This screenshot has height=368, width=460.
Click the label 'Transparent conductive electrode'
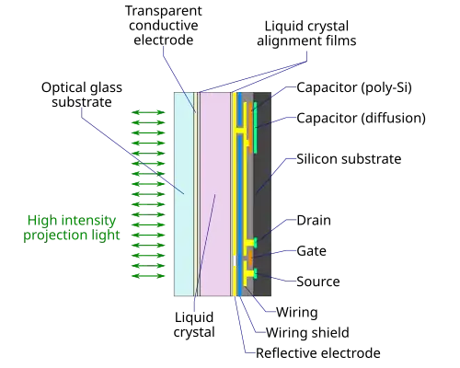coord(164,26)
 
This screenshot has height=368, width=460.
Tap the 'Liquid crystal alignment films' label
coord(306,33)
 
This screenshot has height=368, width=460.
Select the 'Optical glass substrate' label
coord(82,95)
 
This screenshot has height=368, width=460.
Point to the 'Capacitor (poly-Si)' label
coord(354,87)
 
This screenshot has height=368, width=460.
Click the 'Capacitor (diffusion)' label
coord(362,118)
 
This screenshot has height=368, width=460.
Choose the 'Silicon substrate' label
coord(349,159)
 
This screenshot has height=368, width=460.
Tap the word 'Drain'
coord(314,220)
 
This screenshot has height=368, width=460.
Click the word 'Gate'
coord(311,251)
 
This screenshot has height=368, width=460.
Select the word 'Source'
coord(318,282)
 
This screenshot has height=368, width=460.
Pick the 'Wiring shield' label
coord(307,333)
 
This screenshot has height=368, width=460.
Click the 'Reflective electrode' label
coord(318,353)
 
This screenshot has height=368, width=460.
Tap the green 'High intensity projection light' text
coord(72,227)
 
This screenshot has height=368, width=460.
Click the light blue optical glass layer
coord(184,194)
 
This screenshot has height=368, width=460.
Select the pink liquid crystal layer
coord(215,194)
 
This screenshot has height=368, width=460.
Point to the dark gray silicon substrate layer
coord(262,194)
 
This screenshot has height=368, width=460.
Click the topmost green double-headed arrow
coord(148,112)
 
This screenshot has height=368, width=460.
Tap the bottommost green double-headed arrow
coord(148,276)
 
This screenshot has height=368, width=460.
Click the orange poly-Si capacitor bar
coord(250,124)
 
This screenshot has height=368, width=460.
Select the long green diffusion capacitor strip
coord(255,128)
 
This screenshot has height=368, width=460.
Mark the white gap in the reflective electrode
coord(235,260)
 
